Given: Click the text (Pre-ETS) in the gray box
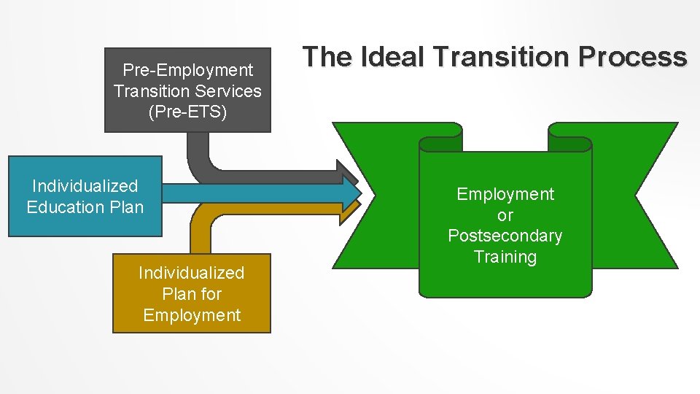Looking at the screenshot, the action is [187, 112].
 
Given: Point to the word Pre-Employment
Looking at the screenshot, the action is [187, 70].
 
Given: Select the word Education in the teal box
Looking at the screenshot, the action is [68, 207].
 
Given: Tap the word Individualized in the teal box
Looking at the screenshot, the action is [85, 186].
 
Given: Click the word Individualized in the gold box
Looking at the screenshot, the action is [192, 273].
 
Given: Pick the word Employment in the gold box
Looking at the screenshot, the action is [192, 315].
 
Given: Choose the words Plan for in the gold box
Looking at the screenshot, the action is [192, 294].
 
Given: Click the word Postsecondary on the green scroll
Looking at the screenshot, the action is [505, 236].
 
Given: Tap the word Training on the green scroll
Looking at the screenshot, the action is [505, 257].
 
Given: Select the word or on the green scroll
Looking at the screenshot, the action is [505, 215].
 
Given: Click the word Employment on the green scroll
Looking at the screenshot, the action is [505, 194].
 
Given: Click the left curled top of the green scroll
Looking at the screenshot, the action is [440, 136].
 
